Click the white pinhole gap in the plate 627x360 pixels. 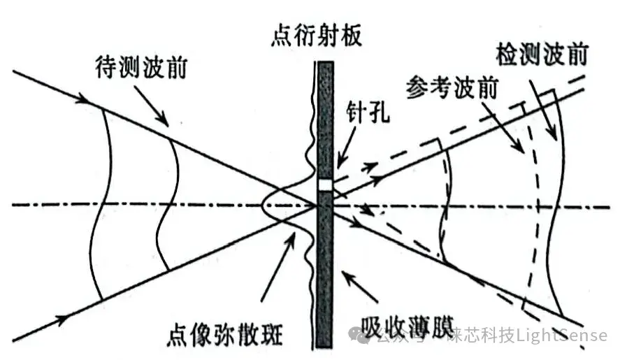point(325,185)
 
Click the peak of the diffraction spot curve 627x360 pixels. point(262,205)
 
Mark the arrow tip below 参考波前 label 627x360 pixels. point(521,153)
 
